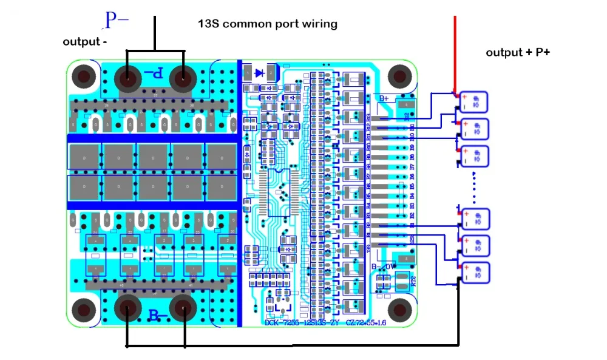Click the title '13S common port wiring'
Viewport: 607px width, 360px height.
[x=268, y=24]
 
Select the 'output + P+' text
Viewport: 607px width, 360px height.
[x=518, y=53]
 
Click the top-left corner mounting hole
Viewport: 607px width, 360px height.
[x=83, y=76]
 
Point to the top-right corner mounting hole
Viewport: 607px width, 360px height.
[x=399, y=76]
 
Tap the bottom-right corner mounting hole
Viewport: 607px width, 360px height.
[x=399, y=307]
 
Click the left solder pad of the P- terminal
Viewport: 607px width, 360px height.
[x=127, y=78]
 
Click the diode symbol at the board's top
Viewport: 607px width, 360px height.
[x=260, y=73]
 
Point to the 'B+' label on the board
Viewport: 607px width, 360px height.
[x=384, y=98]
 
